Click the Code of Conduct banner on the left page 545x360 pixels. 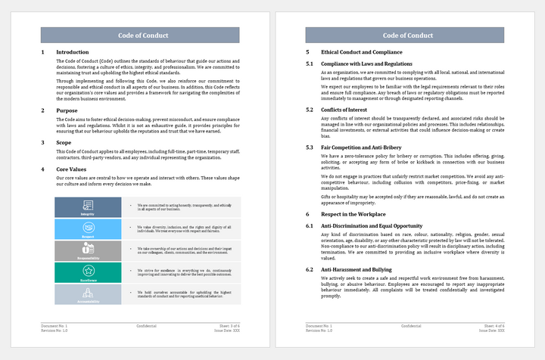tap(140, 36)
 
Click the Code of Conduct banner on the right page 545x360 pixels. tap(407, 36)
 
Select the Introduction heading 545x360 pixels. tap(73, 52)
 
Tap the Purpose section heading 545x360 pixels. tap(67, 110)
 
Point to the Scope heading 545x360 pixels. tap(65, 142)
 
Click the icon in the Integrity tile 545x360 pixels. tap(88, 205)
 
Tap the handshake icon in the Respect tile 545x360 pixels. tap(88, 227)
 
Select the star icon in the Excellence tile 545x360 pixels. tap(88, 270)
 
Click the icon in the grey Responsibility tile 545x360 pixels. tap(88, 248)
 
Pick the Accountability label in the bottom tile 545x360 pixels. tap(88, 300)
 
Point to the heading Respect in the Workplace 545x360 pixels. tap(351, 216)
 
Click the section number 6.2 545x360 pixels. tap(310, 269)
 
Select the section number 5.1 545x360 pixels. tap(310, 64)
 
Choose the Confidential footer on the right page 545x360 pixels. tap(411, 325)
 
